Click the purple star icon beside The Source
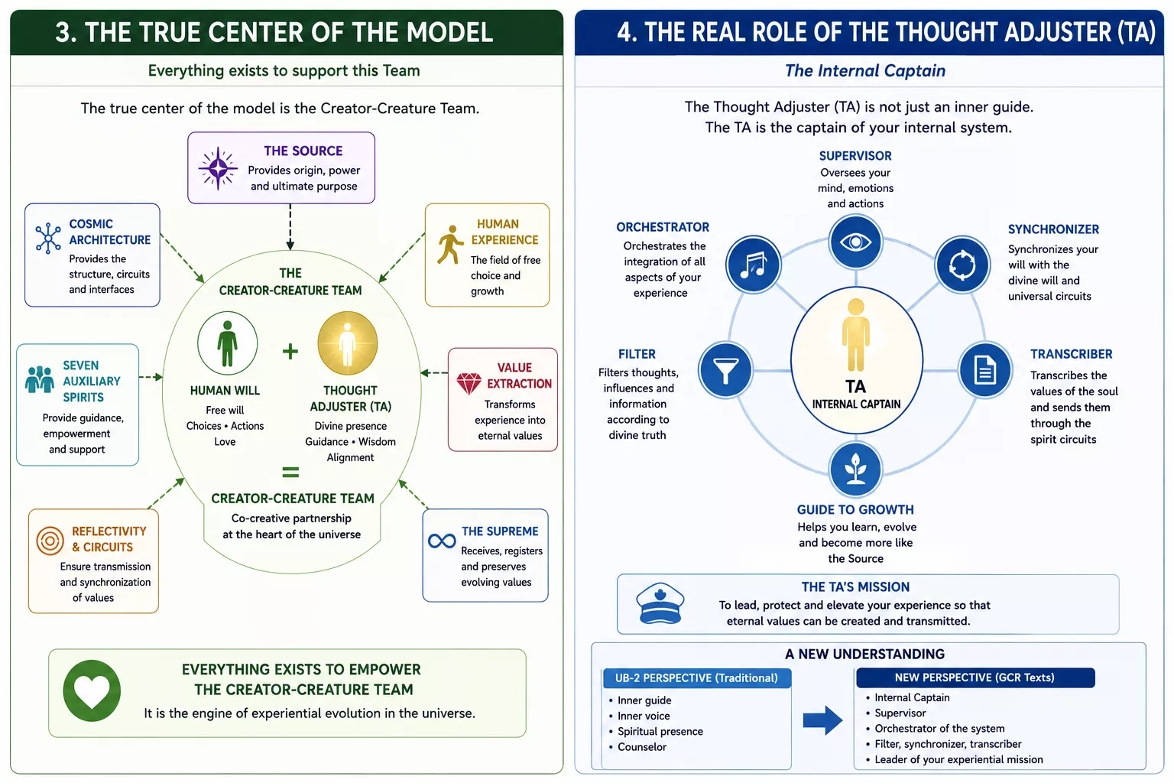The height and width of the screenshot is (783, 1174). (x=218, y=168)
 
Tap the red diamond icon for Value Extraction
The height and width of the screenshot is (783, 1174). (x=469, y=383)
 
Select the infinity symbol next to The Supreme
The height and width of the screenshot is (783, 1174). (x=442, y=541)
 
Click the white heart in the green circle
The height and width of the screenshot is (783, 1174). (x=92, y=690)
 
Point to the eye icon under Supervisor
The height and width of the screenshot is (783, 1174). (x=855, y=242)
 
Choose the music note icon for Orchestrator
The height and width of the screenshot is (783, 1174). (x=753, y=265)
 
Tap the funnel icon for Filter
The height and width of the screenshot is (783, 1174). (x=726, y=370)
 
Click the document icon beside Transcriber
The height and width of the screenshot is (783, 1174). (x=984, y=370)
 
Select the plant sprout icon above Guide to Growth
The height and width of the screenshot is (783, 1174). (x=855, y=469)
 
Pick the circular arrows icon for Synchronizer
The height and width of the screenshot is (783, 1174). (x=962, y=265)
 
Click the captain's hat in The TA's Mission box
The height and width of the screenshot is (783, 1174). (x=660, y=603)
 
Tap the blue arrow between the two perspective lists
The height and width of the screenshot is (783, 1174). (x=822, y=720)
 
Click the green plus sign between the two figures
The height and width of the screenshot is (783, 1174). (x=290, y=352)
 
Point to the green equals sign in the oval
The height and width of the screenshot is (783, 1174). (x=290, y=472)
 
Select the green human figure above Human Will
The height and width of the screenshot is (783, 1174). (x=227, y=343)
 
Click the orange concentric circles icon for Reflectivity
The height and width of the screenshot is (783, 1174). (x=50, y=540)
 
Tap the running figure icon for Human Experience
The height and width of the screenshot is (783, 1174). (x=449, y=245)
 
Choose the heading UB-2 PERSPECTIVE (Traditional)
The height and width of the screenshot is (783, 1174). (x=696, y=677)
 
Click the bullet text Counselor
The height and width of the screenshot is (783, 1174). (x=642, y=747)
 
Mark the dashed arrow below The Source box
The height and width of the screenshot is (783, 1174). (x=290, y=226)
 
